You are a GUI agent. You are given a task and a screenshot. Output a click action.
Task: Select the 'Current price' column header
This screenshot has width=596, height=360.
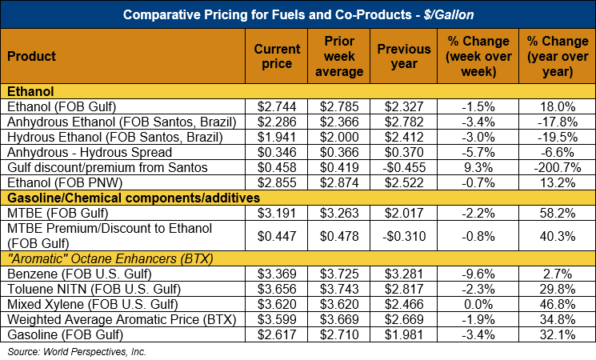pos(277,56)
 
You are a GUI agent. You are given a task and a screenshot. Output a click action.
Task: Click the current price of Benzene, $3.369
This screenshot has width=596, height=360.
pos(277,273)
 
